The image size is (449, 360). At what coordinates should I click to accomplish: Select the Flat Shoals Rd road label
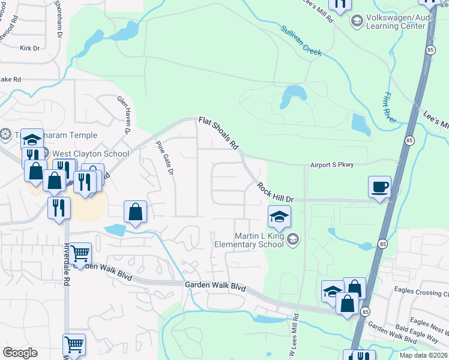(219, 134)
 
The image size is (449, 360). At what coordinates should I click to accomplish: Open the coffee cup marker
(379, 187)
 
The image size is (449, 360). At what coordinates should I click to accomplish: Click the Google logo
(20, 353)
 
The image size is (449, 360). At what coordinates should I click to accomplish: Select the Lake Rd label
(10, 79)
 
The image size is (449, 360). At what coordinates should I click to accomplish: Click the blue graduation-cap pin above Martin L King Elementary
(279, 217)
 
